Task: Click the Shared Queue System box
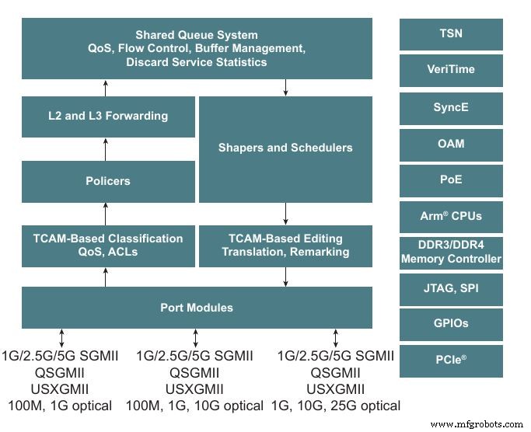[x=197, y=48]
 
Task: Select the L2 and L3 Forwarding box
[x=107, y=117]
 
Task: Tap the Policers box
[x=107, y=181]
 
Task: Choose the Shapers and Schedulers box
[x=285, y=148]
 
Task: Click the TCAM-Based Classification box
[x=107, y=245]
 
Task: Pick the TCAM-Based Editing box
[x=285, y=245]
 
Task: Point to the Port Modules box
[x=197, y=307]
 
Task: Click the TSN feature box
[x=451, y=34]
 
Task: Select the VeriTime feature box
[x=451, y=70]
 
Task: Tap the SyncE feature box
[x=451, y=107]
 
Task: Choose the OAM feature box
[x=451, y=144]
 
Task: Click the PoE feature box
[x=451, y=179]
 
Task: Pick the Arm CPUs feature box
[x=451, y=216]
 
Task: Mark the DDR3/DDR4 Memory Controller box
[x=451, y=253]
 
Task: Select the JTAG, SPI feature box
[x=451, y=288]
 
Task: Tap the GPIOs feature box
[x=451, y=324]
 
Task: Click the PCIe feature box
[x=451, y=361]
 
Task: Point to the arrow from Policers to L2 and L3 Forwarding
[x=104, y=148]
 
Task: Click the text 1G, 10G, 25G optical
[x=335, y=406]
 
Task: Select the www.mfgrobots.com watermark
[x=476, y=424]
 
